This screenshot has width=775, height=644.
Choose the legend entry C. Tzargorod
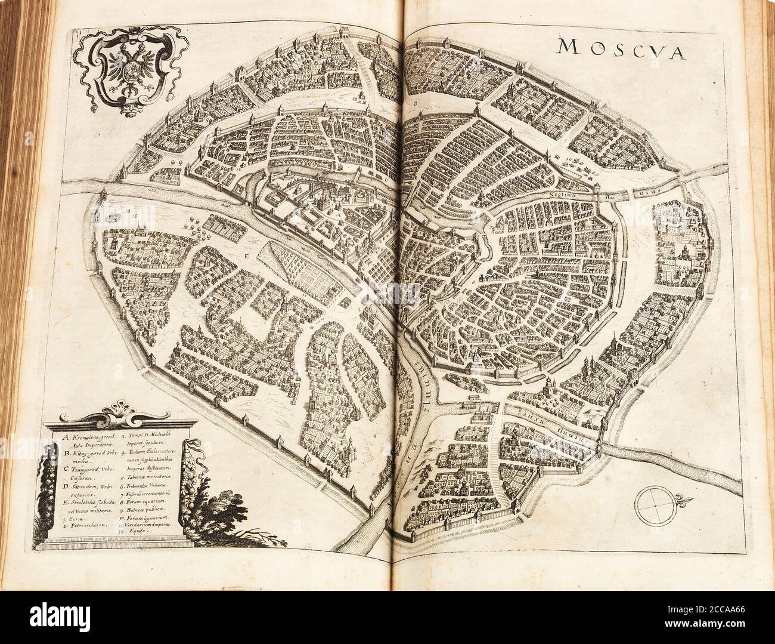tap(89, 471)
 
